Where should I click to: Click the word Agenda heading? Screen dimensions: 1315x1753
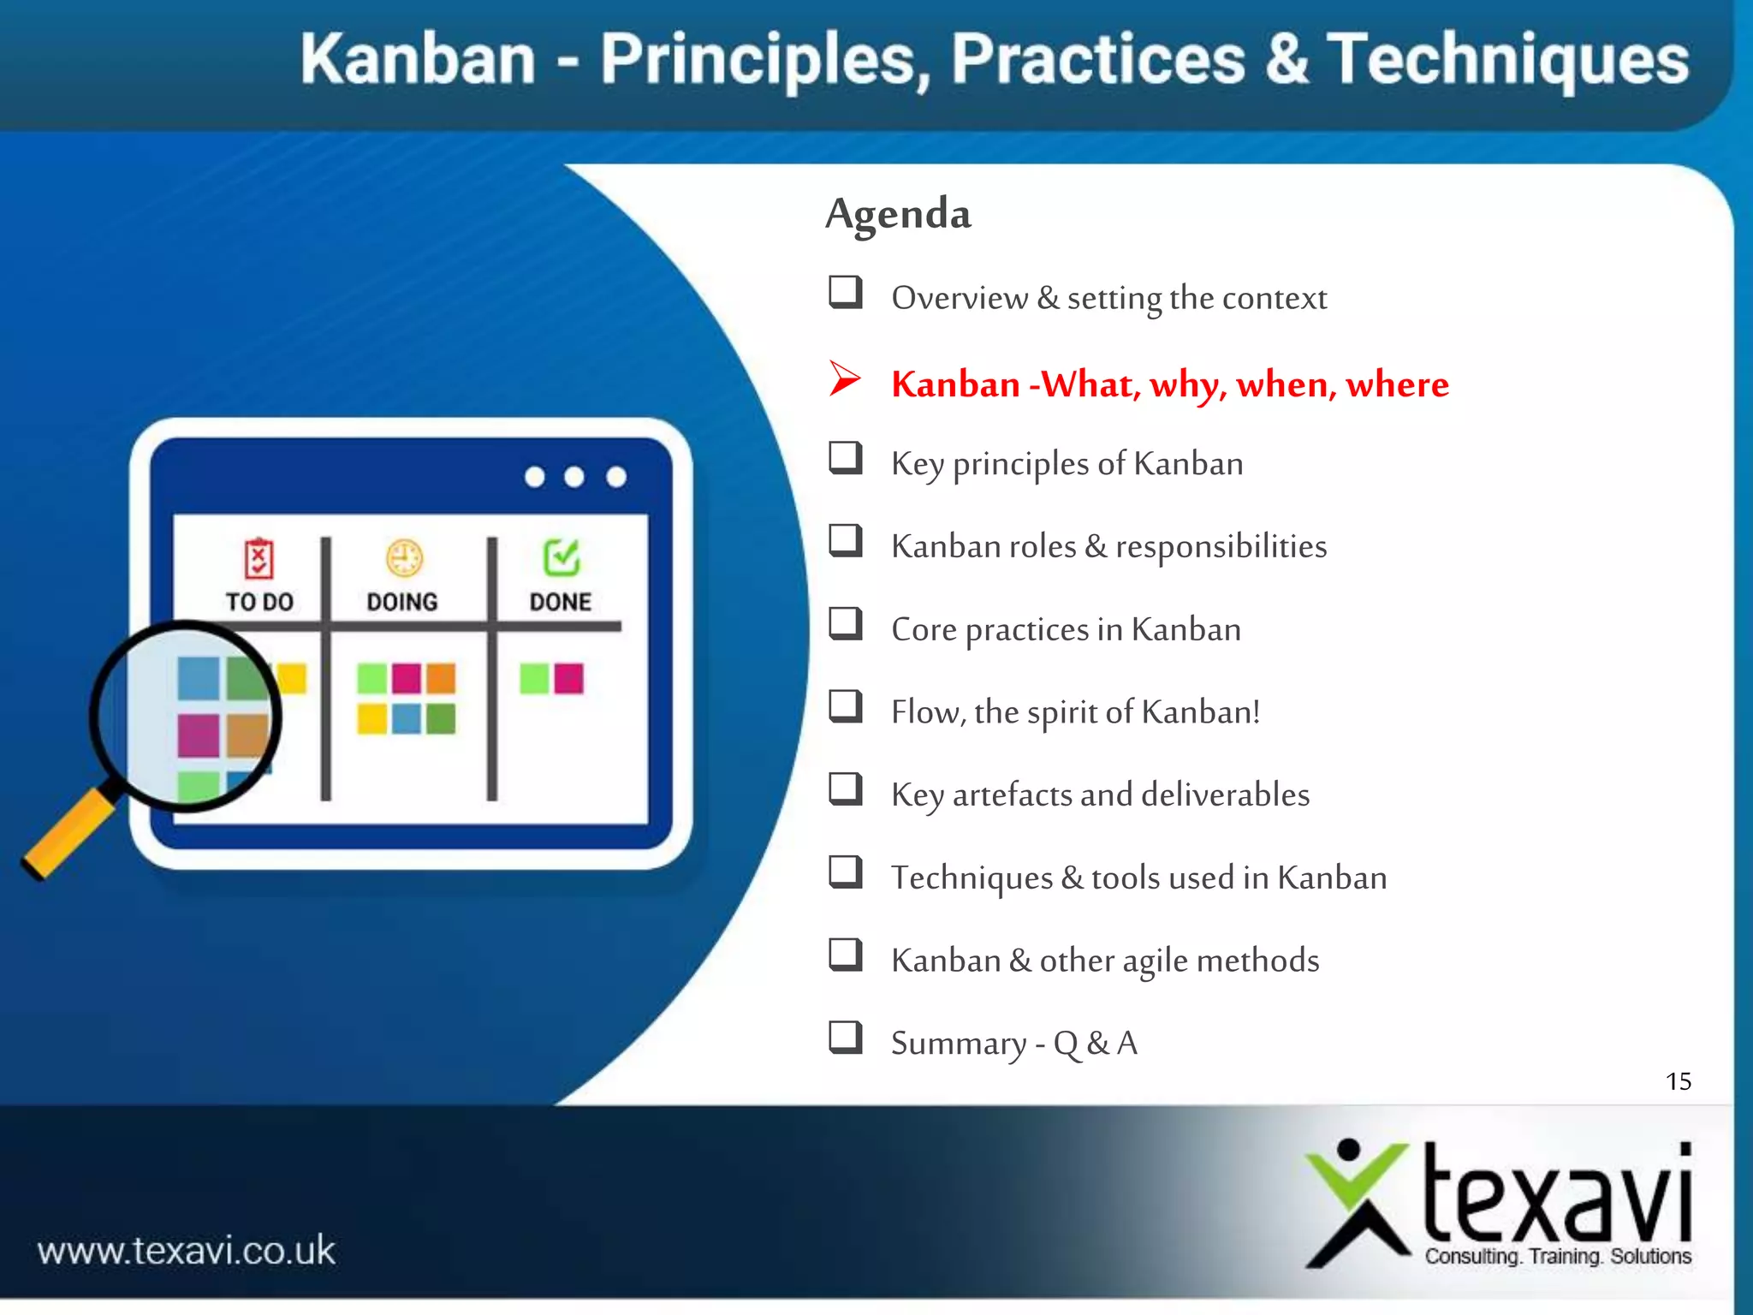point(898,213)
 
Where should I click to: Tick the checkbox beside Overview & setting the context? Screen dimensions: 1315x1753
point(845,292)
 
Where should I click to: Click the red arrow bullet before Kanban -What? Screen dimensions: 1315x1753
point(844,378)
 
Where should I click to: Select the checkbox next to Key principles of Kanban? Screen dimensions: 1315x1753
point(845,458)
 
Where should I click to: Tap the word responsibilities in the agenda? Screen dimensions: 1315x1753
point(1221,546)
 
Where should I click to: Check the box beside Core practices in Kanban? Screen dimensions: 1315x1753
point(845,623)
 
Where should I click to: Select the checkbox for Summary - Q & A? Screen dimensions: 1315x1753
point(845,1037)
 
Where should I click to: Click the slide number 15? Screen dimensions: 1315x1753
point(1678,1081)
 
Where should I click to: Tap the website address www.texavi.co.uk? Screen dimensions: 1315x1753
point(187,1251)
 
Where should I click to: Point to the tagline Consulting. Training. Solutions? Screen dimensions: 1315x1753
point(1557,1256)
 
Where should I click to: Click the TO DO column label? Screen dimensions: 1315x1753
point(259,602)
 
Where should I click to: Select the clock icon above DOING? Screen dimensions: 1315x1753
point(403,559)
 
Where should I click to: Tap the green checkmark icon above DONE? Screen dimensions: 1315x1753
point(562,558)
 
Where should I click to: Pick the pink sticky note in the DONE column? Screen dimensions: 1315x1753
point(568,678)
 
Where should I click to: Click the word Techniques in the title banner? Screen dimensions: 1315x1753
point(1506,60)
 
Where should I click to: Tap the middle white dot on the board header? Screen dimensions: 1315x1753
point(574,477)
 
